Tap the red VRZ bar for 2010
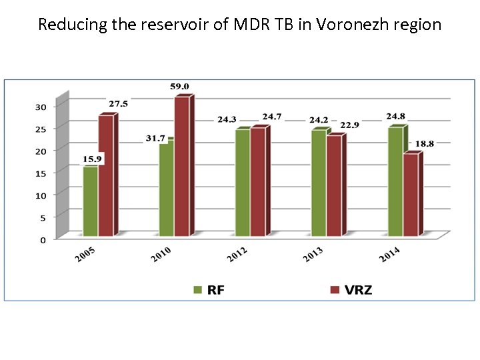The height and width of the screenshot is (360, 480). pos(182,167)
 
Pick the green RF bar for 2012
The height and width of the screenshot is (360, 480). pos(242,183)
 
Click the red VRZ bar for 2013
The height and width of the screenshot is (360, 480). pos(333,186)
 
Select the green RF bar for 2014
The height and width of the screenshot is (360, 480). pos(395,181)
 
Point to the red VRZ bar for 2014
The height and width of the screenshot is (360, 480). pos(411,195)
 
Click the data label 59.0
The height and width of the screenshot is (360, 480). pos(179,86)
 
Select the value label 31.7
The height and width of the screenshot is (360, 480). pos(155,138)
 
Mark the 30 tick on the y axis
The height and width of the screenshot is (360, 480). pos(41,107)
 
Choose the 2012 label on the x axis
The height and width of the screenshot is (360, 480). pos(237,254)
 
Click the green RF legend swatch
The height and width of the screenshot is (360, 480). pos(197,289)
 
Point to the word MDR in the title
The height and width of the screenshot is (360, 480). pos(250,25)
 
